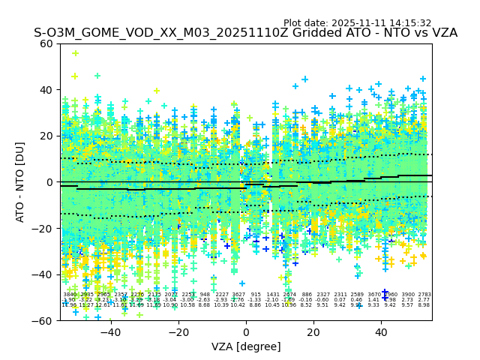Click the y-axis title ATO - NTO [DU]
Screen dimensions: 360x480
tap(21, 181)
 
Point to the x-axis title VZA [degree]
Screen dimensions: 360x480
tap(246, 346)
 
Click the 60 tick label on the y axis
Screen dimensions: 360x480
tap(46, 43)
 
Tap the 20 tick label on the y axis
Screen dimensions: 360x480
tap(46, 136)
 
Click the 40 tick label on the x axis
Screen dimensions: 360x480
tap(381, 332)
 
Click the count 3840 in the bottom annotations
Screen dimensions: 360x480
tap(70, 295)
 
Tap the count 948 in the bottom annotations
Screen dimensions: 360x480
tap(205, 295)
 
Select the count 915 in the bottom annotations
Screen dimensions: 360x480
tap(256, 295)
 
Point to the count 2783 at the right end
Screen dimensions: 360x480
tap(424, 295)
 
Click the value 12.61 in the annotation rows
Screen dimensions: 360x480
tap(103, 305)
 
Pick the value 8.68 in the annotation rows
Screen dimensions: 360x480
tap(205, 305)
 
